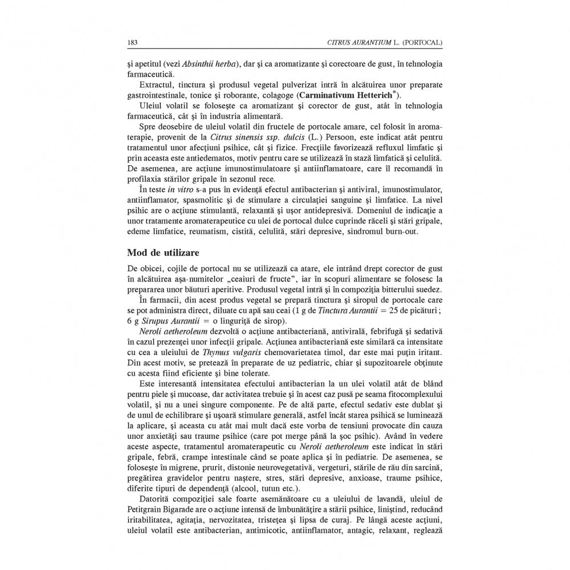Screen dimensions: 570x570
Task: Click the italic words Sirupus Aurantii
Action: [x=164, y=321]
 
